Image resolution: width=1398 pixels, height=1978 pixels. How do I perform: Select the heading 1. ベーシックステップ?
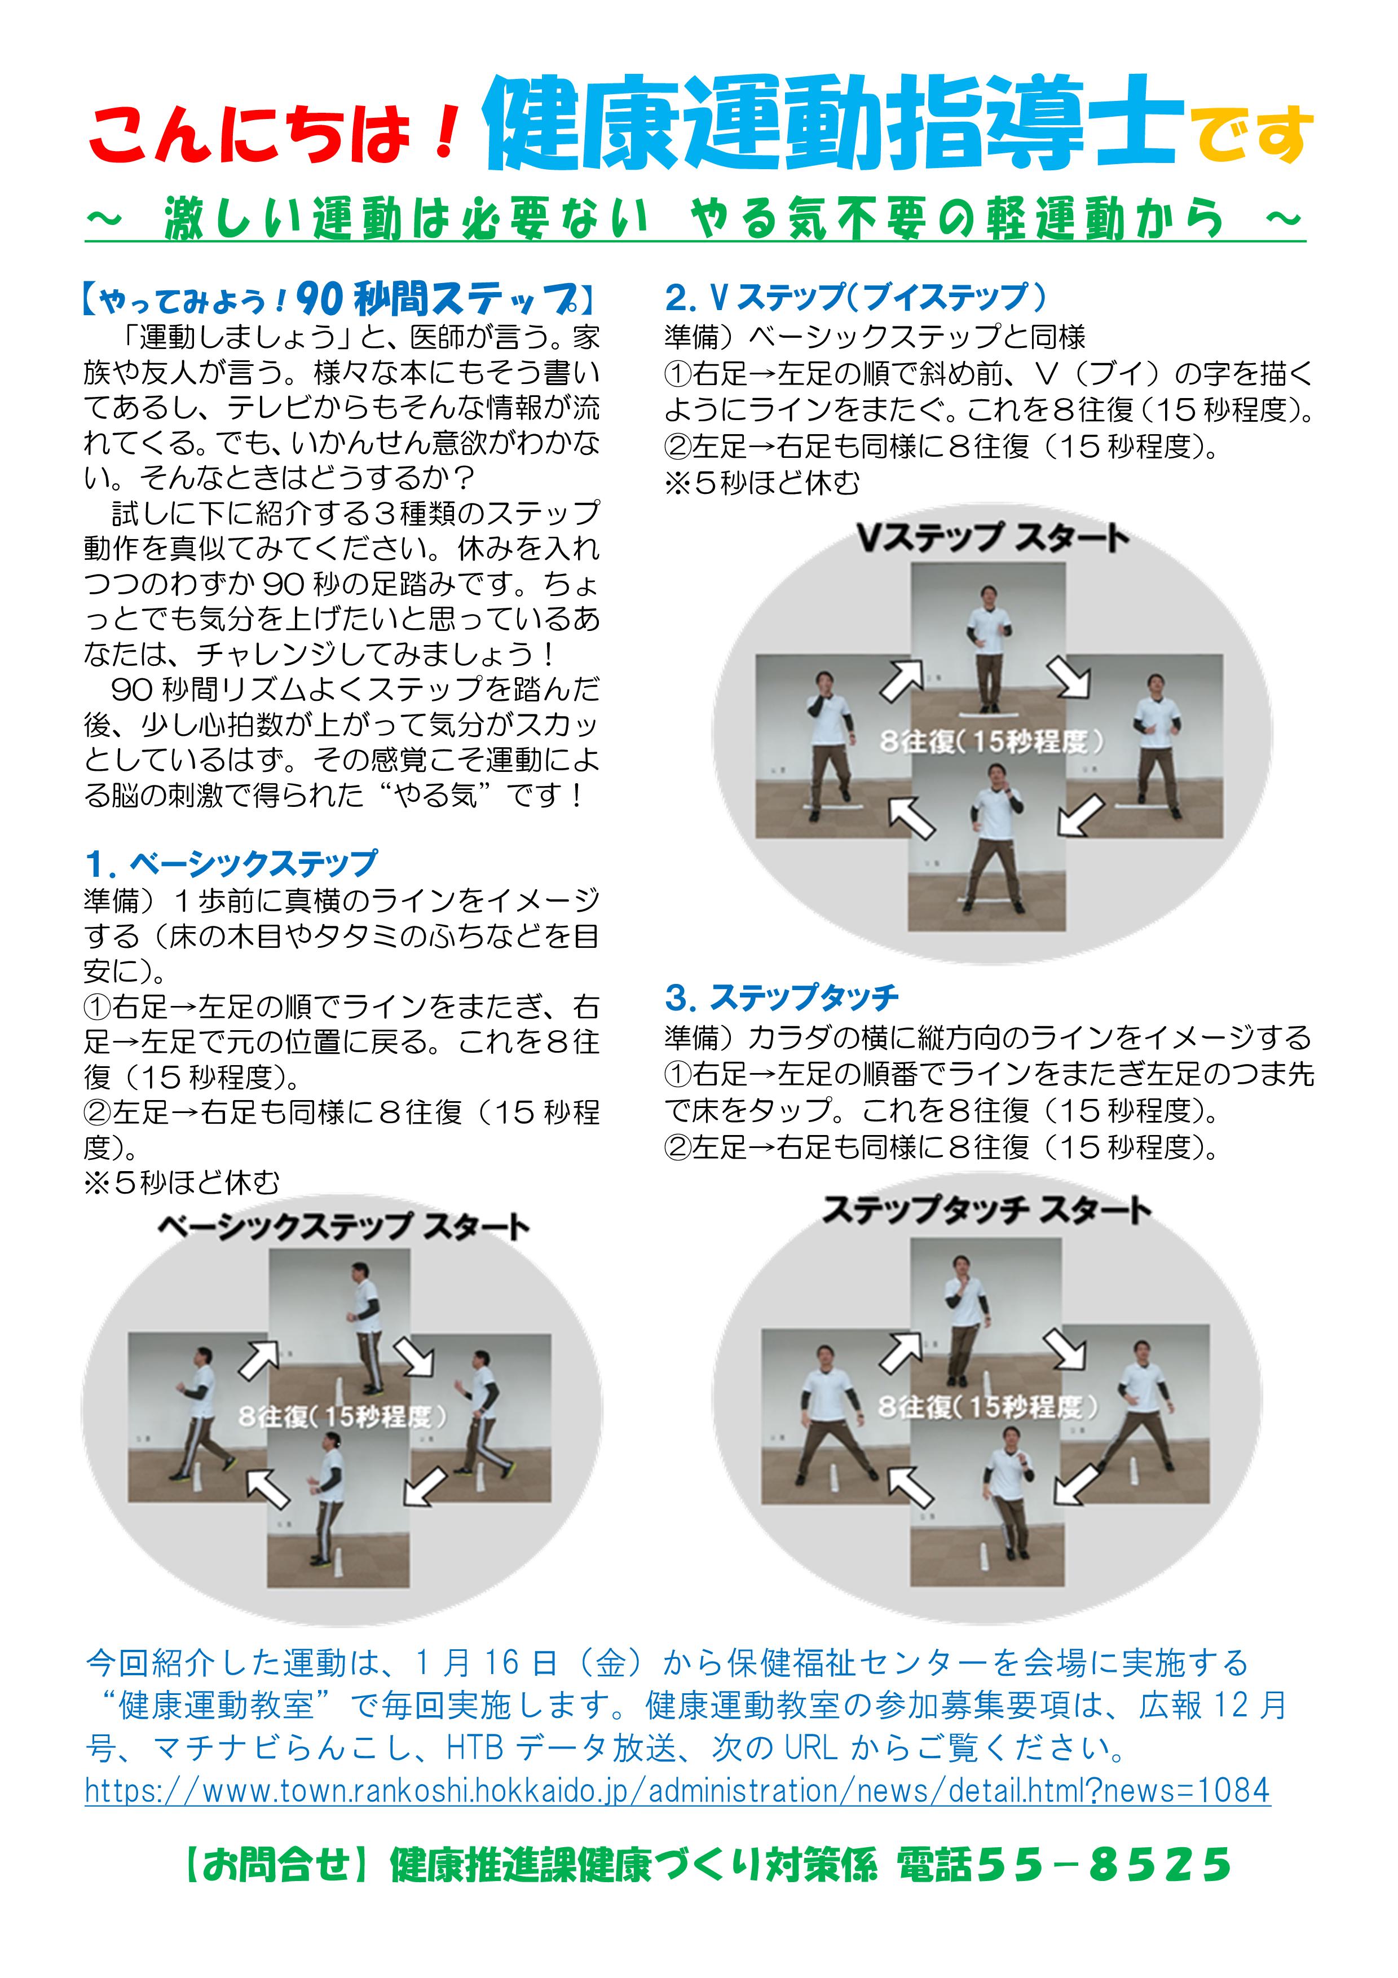tap(231, 863)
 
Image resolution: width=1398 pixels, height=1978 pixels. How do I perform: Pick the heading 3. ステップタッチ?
tap(781, 997)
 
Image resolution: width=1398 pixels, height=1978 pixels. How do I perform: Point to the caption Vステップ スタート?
tap(991, 538)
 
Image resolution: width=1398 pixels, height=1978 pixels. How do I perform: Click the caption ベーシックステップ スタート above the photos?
tap(343, 1228)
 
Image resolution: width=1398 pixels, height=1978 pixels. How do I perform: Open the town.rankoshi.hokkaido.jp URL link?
tap(677, 1790)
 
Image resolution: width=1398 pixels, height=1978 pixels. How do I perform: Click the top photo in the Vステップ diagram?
tap(988, 638)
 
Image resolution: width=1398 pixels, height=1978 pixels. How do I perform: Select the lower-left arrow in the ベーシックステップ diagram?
tap(267, 1489)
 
